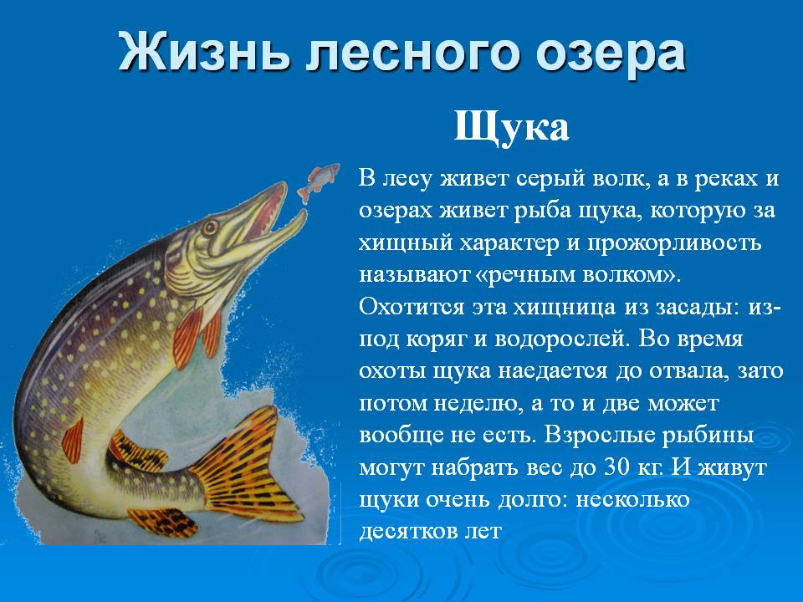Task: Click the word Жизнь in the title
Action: coord(204,52)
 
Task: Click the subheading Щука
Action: coord(511,127)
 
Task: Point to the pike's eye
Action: coord(210,227)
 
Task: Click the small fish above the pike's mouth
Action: coord(318,182)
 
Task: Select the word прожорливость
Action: coord(674,243)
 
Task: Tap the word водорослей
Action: coord(560,339)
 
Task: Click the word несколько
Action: coord(633,500)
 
